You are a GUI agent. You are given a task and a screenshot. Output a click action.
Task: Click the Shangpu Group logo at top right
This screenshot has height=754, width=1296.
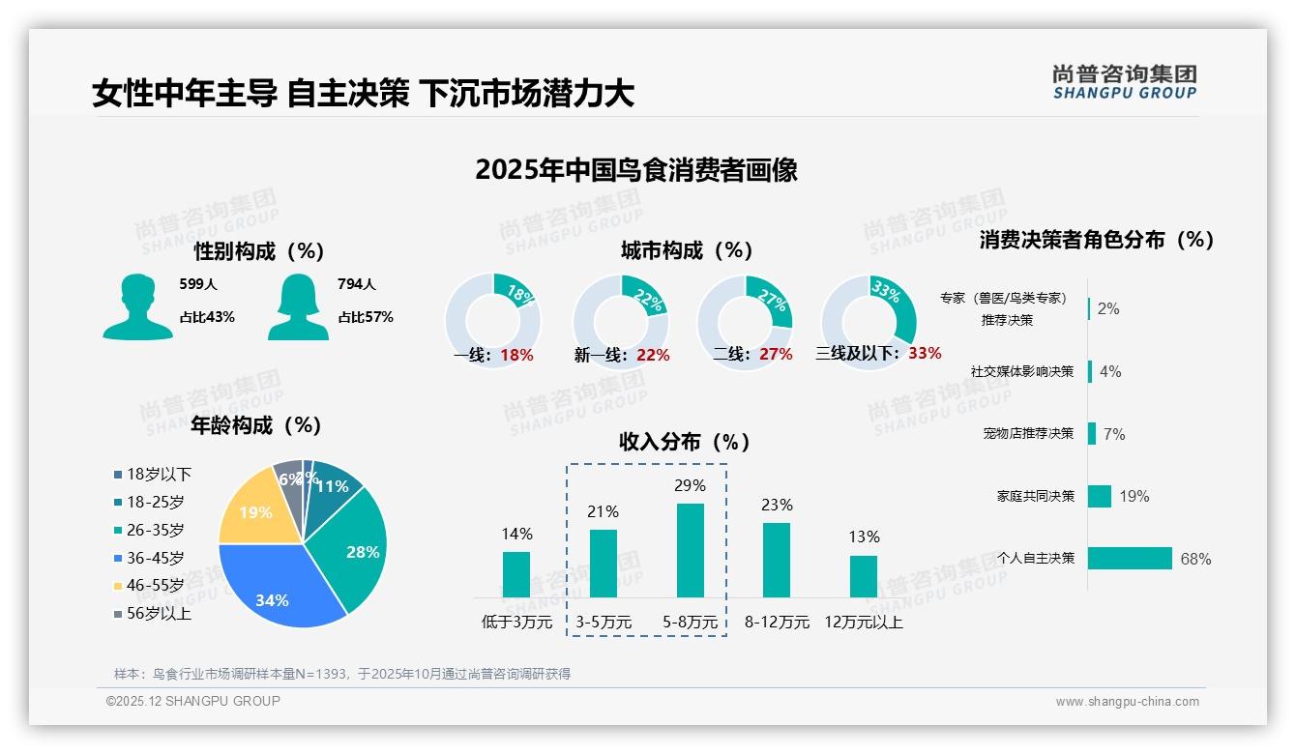pos(1125,82)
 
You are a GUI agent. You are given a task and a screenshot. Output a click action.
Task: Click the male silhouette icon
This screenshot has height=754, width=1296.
pos(137,306)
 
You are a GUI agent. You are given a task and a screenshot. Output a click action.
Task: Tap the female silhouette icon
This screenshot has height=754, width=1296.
pos(298,306)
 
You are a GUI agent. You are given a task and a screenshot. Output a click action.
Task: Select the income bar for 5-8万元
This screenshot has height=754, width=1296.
pos(690,550)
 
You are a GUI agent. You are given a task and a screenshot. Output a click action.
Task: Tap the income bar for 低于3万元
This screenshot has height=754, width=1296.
pos(516,574)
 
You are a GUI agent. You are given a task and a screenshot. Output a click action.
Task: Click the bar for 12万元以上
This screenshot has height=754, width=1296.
pos(864,576)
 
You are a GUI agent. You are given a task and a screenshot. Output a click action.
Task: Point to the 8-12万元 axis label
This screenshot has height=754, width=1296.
pos(776,623)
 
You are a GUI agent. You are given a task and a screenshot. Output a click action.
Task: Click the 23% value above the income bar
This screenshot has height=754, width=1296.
pos(776,505)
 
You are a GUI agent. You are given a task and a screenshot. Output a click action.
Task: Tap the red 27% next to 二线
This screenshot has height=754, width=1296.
pos(776,355)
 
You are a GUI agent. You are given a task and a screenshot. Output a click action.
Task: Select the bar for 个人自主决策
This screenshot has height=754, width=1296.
pos(1130,558)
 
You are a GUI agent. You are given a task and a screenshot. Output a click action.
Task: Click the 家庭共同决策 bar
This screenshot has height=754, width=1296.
pos(1100,496)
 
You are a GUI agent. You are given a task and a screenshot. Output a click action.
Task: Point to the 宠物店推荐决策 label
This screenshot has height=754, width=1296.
pos(1028,434)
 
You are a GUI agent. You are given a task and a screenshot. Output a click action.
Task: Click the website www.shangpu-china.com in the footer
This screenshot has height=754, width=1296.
pos(1127,702)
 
